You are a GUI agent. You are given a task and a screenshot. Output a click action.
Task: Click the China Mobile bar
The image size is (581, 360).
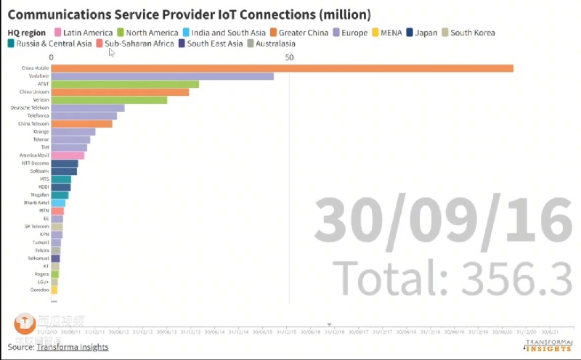[282, 68]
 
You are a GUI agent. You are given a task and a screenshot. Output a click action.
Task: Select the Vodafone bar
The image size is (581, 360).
[162, 76]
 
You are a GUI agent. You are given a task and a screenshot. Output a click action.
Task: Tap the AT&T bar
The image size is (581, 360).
[125, 84]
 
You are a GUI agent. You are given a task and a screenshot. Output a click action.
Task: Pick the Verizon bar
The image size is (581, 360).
[109, 100]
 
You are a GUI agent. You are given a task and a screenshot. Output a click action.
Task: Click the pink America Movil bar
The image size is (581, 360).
[68, 155]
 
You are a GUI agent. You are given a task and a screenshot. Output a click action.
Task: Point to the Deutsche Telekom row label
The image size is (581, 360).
[30, 108]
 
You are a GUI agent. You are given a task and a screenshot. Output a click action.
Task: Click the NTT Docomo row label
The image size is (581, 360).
[35, 163]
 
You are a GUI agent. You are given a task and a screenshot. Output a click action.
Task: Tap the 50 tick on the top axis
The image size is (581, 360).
[290, 57]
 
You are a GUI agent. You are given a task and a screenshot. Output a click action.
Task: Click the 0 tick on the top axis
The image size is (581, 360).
[52, 57]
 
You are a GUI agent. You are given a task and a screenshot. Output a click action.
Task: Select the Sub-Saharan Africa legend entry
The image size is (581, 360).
[139, 44]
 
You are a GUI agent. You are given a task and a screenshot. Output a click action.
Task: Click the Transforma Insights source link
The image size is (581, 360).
[72, 347]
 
